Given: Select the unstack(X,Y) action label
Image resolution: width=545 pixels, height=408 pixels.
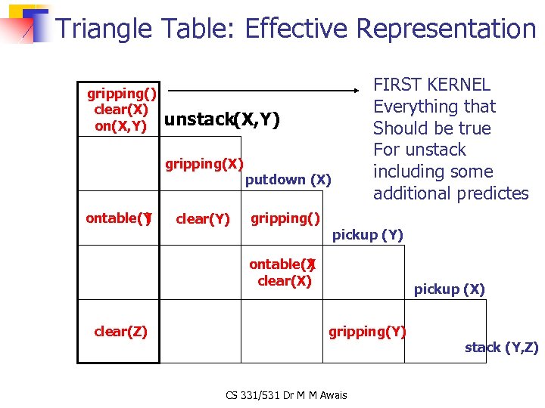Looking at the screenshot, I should click(222, 119).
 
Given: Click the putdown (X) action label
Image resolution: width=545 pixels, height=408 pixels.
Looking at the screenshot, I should click(288, 180).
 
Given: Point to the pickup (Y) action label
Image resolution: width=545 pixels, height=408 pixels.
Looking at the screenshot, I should click(368, 235).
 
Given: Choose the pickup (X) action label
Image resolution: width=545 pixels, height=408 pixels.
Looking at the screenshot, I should click(449, 289).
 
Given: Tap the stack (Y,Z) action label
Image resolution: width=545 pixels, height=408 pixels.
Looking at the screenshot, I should click(501, 348).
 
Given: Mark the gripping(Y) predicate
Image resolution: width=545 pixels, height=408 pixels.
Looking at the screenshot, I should click(367, 331).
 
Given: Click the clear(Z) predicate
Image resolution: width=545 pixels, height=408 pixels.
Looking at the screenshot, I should click(120, 331).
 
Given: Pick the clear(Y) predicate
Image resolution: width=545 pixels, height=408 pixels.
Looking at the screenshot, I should click(202, 219).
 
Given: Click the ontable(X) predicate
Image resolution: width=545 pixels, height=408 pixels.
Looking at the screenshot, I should click(283, 264).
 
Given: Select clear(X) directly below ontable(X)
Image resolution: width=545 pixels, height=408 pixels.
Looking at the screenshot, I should click(285, 280).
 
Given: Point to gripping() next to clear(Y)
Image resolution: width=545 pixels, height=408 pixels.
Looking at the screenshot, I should click(285, 218).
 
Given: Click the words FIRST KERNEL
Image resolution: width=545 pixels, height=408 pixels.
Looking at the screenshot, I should click(432, 85).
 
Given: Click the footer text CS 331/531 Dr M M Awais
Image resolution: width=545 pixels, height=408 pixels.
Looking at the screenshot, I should click(285, 395).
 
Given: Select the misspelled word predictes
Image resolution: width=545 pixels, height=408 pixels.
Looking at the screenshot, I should click(491, 193).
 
